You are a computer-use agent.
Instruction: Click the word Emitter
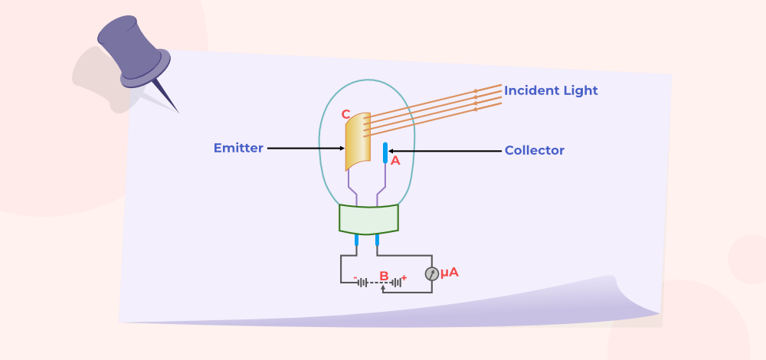[238, 148]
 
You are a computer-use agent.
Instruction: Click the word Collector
[535, 150]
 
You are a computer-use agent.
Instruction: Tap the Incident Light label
[551, 91]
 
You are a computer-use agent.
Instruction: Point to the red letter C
[346, 114]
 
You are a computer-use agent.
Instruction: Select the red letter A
[395, 161]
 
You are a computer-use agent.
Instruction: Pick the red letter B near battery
[384, 277]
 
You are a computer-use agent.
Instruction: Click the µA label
[450, 273]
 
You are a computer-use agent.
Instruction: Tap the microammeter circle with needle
[431, 274]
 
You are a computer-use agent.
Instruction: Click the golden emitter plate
[357, 142]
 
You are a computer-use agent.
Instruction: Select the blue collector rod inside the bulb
[385, 153]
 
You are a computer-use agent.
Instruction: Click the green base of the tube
[369, 219]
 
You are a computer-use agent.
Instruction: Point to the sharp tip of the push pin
[178, 113]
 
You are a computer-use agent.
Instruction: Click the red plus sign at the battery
[404, 277]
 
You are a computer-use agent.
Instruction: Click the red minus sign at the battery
[355, 278]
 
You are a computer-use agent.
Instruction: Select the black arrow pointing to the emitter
[306, 148]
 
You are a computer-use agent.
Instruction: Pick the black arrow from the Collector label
[444, 152]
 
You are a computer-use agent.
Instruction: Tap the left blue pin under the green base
[357, 240]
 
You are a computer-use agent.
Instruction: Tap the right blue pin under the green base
[377, 240]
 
